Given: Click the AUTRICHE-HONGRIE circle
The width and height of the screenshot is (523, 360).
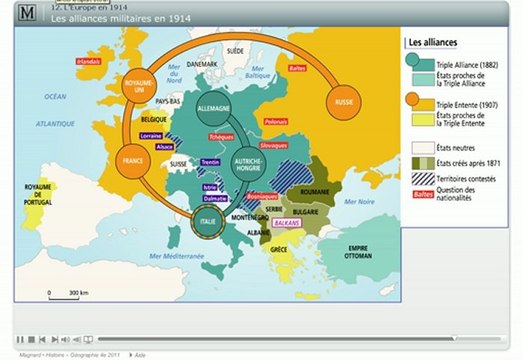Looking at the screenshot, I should click(x=249, y=164).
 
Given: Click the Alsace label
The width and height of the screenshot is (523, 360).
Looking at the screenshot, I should click(x=166, y=146).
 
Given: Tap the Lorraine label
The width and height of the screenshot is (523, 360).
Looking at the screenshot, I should click(x=152, y=134).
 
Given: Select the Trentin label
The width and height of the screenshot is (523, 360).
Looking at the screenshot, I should click(x=210, y=161).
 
